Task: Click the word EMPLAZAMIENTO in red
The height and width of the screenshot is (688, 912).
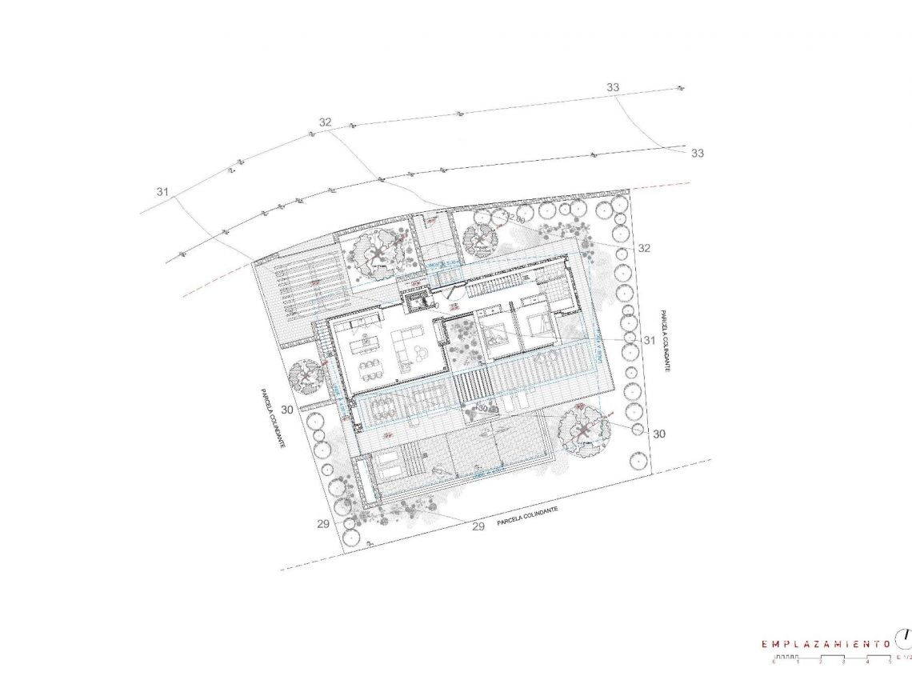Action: click(826, 643)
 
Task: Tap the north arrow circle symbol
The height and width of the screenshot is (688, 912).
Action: click(905, 638)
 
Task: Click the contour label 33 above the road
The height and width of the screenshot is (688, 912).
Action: click(613, 87)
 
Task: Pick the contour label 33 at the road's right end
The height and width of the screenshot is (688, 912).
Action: click(698, 153)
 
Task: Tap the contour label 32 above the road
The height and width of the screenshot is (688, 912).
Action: click(325, 122)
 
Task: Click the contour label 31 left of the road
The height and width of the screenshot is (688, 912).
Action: click(163, 192)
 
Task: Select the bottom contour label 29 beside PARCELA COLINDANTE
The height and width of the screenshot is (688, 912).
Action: click(478, 526)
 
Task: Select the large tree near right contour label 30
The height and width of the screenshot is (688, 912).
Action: click(583, 432)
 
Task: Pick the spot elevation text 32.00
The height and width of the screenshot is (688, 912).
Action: click(514, 218)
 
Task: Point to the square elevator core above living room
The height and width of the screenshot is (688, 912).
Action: click(417, 302)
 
